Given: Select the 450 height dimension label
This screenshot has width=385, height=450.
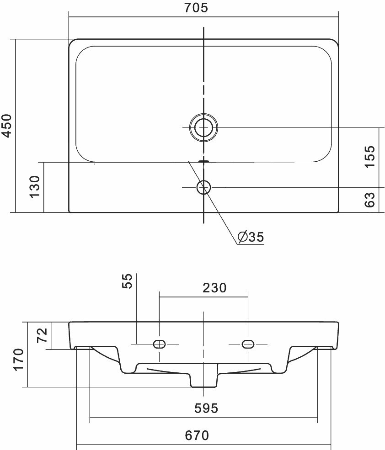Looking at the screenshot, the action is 6,126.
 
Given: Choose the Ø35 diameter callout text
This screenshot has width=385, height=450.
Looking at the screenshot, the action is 251,237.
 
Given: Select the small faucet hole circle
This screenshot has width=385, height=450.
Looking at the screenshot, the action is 204,187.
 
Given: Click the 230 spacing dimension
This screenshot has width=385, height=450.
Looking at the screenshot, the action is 214,288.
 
